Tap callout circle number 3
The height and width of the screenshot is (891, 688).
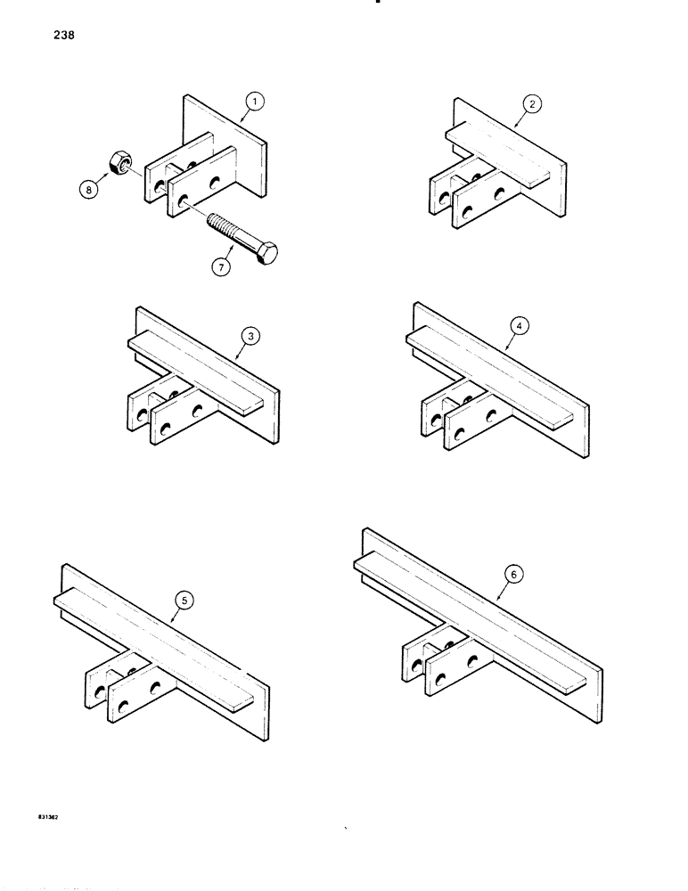(x=252, y=336)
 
